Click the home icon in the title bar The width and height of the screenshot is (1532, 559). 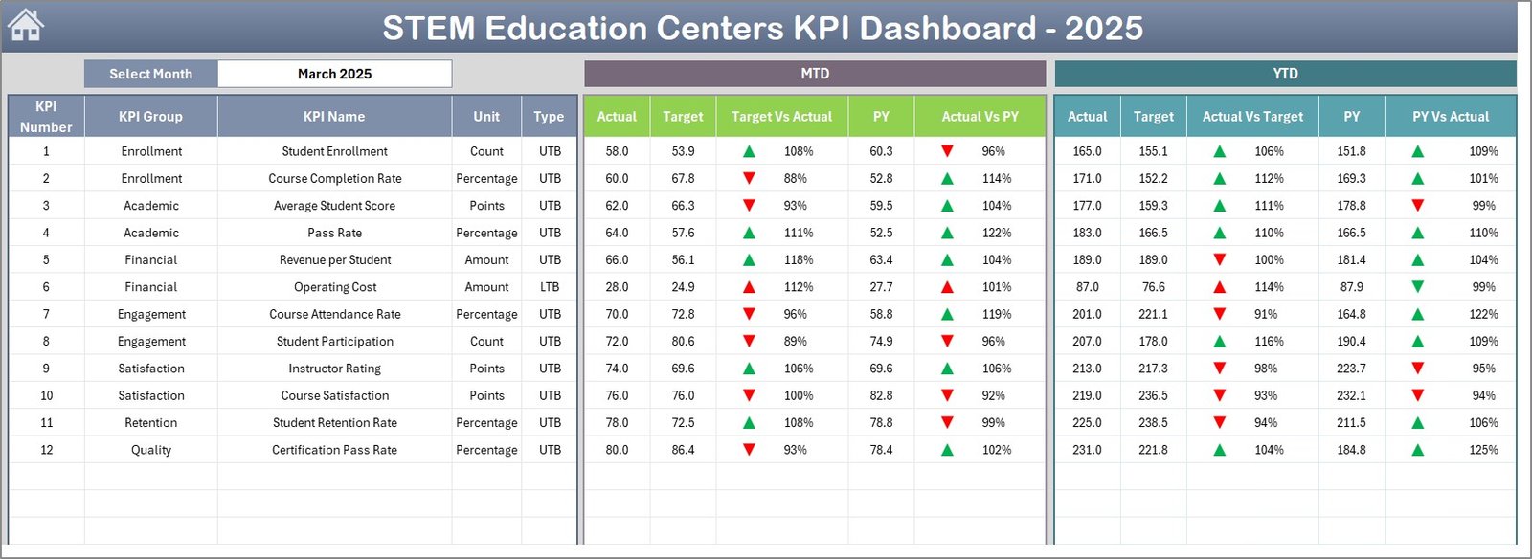click(x=26, y=26)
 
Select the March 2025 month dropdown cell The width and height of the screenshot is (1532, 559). click(x=334, y=74)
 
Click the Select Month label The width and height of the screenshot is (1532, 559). click(x=150, y=74)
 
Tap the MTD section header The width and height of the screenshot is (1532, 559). click(x=815, y=74)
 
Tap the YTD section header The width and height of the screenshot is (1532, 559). click(x=1285, y=74)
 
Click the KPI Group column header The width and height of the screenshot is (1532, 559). click(x=150, y=116)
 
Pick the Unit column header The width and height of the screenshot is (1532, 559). click(x=486, y=116)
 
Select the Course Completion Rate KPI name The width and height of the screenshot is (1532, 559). click(x=334, y=178)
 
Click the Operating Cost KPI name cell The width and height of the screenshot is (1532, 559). click(x=334, y=287)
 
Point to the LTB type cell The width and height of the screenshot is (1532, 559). click(x=550, y=287)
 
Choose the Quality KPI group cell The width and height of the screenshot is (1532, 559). click(x=150, y=450)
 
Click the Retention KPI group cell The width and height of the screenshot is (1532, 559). click(x=150, y=422)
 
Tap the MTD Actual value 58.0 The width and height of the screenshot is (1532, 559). click(x=617, y=151)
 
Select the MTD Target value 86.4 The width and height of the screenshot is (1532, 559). click(x=683, y=450)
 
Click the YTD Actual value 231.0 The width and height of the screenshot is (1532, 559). click(x=1087, y=450)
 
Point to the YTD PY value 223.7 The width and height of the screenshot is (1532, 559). click(x=1351, y=369)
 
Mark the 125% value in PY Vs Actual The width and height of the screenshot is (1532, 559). click(x=1483, y=450)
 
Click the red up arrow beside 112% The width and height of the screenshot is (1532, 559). click(x=749, y=287)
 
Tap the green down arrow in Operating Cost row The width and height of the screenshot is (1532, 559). click(x=1417, y=287)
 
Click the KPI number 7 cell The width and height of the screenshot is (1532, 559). click(x=46, y=314)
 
